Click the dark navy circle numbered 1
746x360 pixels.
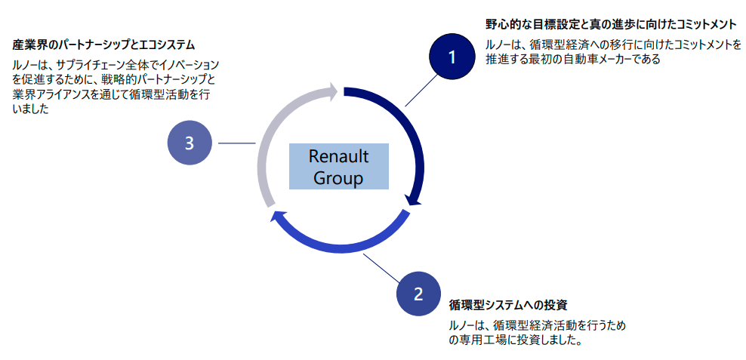(452, 57)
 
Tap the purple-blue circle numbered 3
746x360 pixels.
(189, 143)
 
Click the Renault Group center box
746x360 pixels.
(338, 166)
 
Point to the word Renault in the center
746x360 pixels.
(338, 156)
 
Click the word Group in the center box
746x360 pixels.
(338, 178)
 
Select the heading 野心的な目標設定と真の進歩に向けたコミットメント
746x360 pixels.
(610, 25)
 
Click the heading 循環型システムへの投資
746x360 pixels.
(507, 305)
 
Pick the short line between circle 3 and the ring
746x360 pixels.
(236, 143)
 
